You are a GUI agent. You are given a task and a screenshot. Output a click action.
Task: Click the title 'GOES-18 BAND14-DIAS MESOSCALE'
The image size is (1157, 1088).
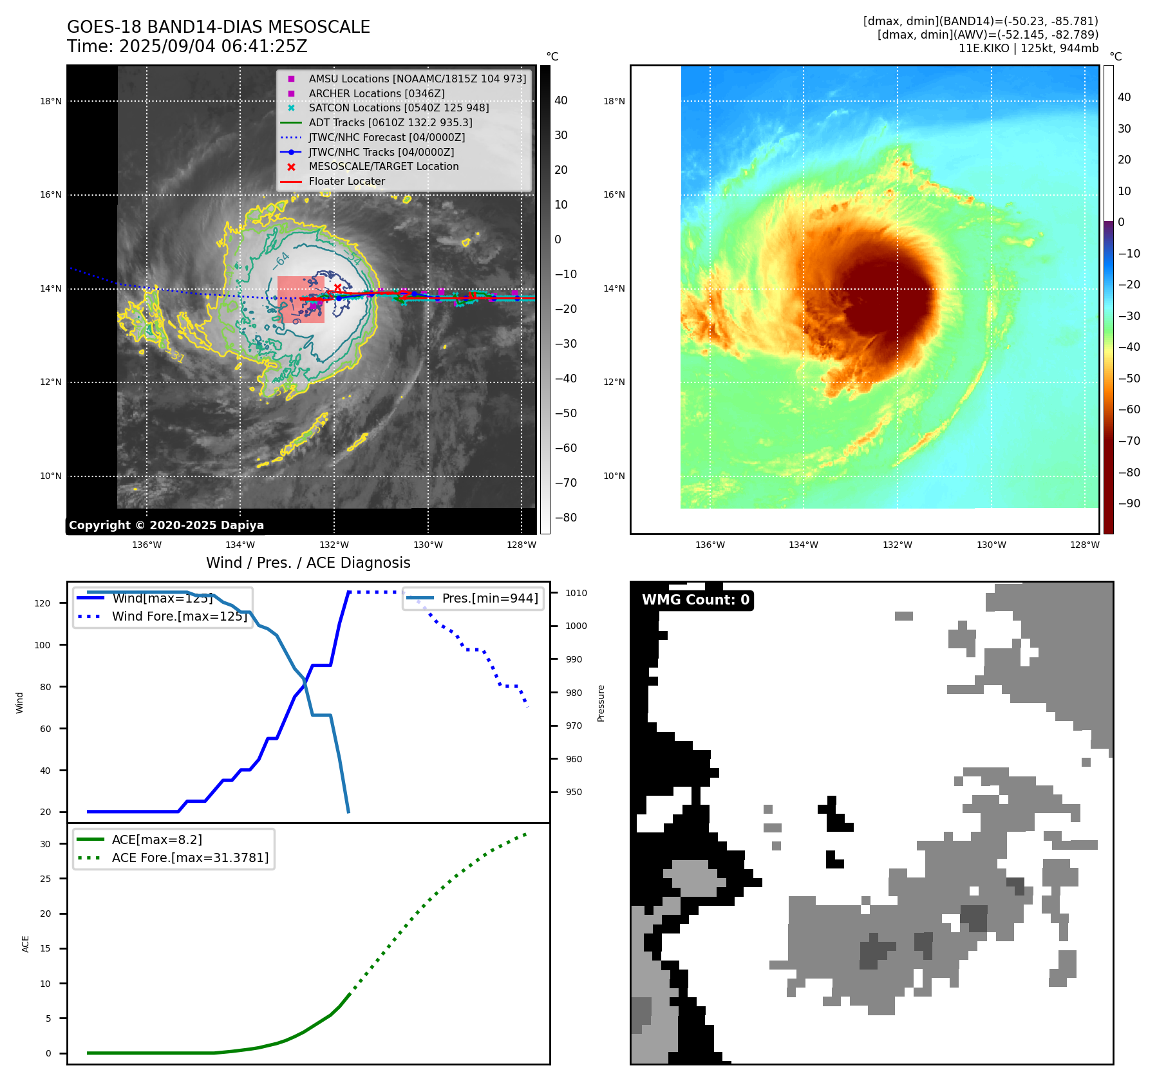click(x=218, y=27)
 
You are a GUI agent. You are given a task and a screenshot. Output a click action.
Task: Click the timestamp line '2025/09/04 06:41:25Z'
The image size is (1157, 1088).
click(x=213, y=47)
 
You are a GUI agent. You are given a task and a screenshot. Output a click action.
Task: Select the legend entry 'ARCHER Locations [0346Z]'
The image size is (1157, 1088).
click(x=376, y=93)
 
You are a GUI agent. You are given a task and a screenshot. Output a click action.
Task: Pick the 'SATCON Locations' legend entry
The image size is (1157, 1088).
click(x=399, y=108)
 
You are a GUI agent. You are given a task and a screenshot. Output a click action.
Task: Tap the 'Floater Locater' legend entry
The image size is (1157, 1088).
click(x=346, y=182)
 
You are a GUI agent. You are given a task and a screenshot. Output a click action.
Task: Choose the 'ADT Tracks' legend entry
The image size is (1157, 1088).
click(x=390, y=122)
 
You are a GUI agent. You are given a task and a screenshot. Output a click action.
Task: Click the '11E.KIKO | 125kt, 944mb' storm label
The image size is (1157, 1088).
click(x=1028, y=48)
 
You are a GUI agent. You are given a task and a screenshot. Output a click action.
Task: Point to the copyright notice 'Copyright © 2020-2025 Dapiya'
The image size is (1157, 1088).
click(x=166, y=525)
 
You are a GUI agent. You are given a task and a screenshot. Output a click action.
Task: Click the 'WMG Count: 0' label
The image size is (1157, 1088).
click(x=695, y=600)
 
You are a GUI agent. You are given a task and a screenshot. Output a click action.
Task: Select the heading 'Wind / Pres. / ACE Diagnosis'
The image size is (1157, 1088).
click(x=308, y=563)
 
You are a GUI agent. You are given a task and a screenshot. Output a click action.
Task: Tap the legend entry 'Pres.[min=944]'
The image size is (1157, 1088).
click(x=489, y=598)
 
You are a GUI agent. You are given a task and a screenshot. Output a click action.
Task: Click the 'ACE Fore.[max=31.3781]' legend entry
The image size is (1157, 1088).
click(x=190, y=858)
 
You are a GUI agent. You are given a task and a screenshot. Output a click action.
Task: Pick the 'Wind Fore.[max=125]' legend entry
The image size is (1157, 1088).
click(x=179, y=616)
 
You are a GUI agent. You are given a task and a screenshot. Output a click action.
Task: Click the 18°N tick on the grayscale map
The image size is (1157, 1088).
click(x=51, y=101)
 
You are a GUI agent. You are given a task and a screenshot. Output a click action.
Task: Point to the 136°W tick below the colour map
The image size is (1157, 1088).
click(x=710, y=545)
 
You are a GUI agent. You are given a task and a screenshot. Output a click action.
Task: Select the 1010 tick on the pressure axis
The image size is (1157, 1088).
click(x=576, y=593)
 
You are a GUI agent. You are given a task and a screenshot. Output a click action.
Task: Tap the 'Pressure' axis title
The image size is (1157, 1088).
click(x=601, y=703)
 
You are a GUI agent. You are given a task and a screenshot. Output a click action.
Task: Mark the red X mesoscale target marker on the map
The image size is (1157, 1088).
click(x=337, y=288)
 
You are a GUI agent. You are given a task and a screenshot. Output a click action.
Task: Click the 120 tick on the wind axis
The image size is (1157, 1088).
click(x=42, y=603)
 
